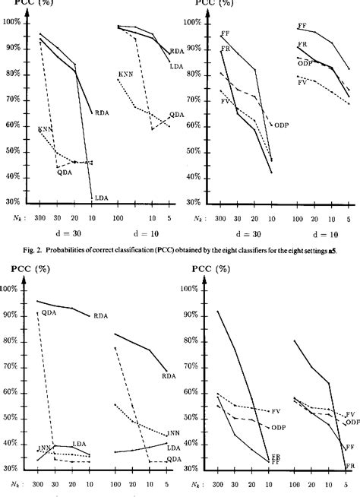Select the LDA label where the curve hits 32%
pos(101,198)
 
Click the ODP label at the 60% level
pos(280,125)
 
